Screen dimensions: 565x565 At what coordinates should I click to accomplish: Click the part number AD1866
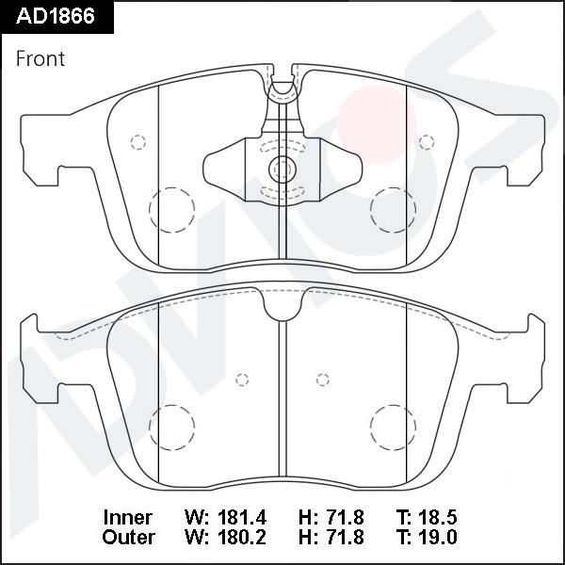[x=56, y=16]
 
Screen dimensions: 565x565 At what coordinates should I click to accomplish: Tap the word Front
[x=40, y=58]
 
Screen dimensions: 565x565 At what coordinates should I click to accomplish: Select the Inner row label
[x=127, y=517]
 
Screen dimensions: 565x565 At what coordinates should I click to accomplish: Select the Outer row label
[x=128, y=537]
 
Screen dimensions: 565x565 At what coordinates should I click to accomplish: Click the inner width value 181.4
[x=242, y=517]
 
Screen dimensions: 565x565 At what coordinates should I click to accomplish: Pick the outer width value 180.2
[x=242, y=537]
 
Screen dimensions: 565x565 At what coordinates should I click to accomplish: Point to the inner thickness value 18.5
[x=438, y=517]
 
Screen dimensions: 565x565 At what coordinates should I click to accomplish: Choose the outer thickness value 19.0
[x=438, y=537]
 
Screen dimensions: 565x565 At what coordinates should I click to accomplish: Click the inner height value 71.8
[x=344, y=517]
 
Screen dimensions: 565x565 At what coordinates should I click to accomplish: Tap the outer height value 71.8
[x=344, y=537]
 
